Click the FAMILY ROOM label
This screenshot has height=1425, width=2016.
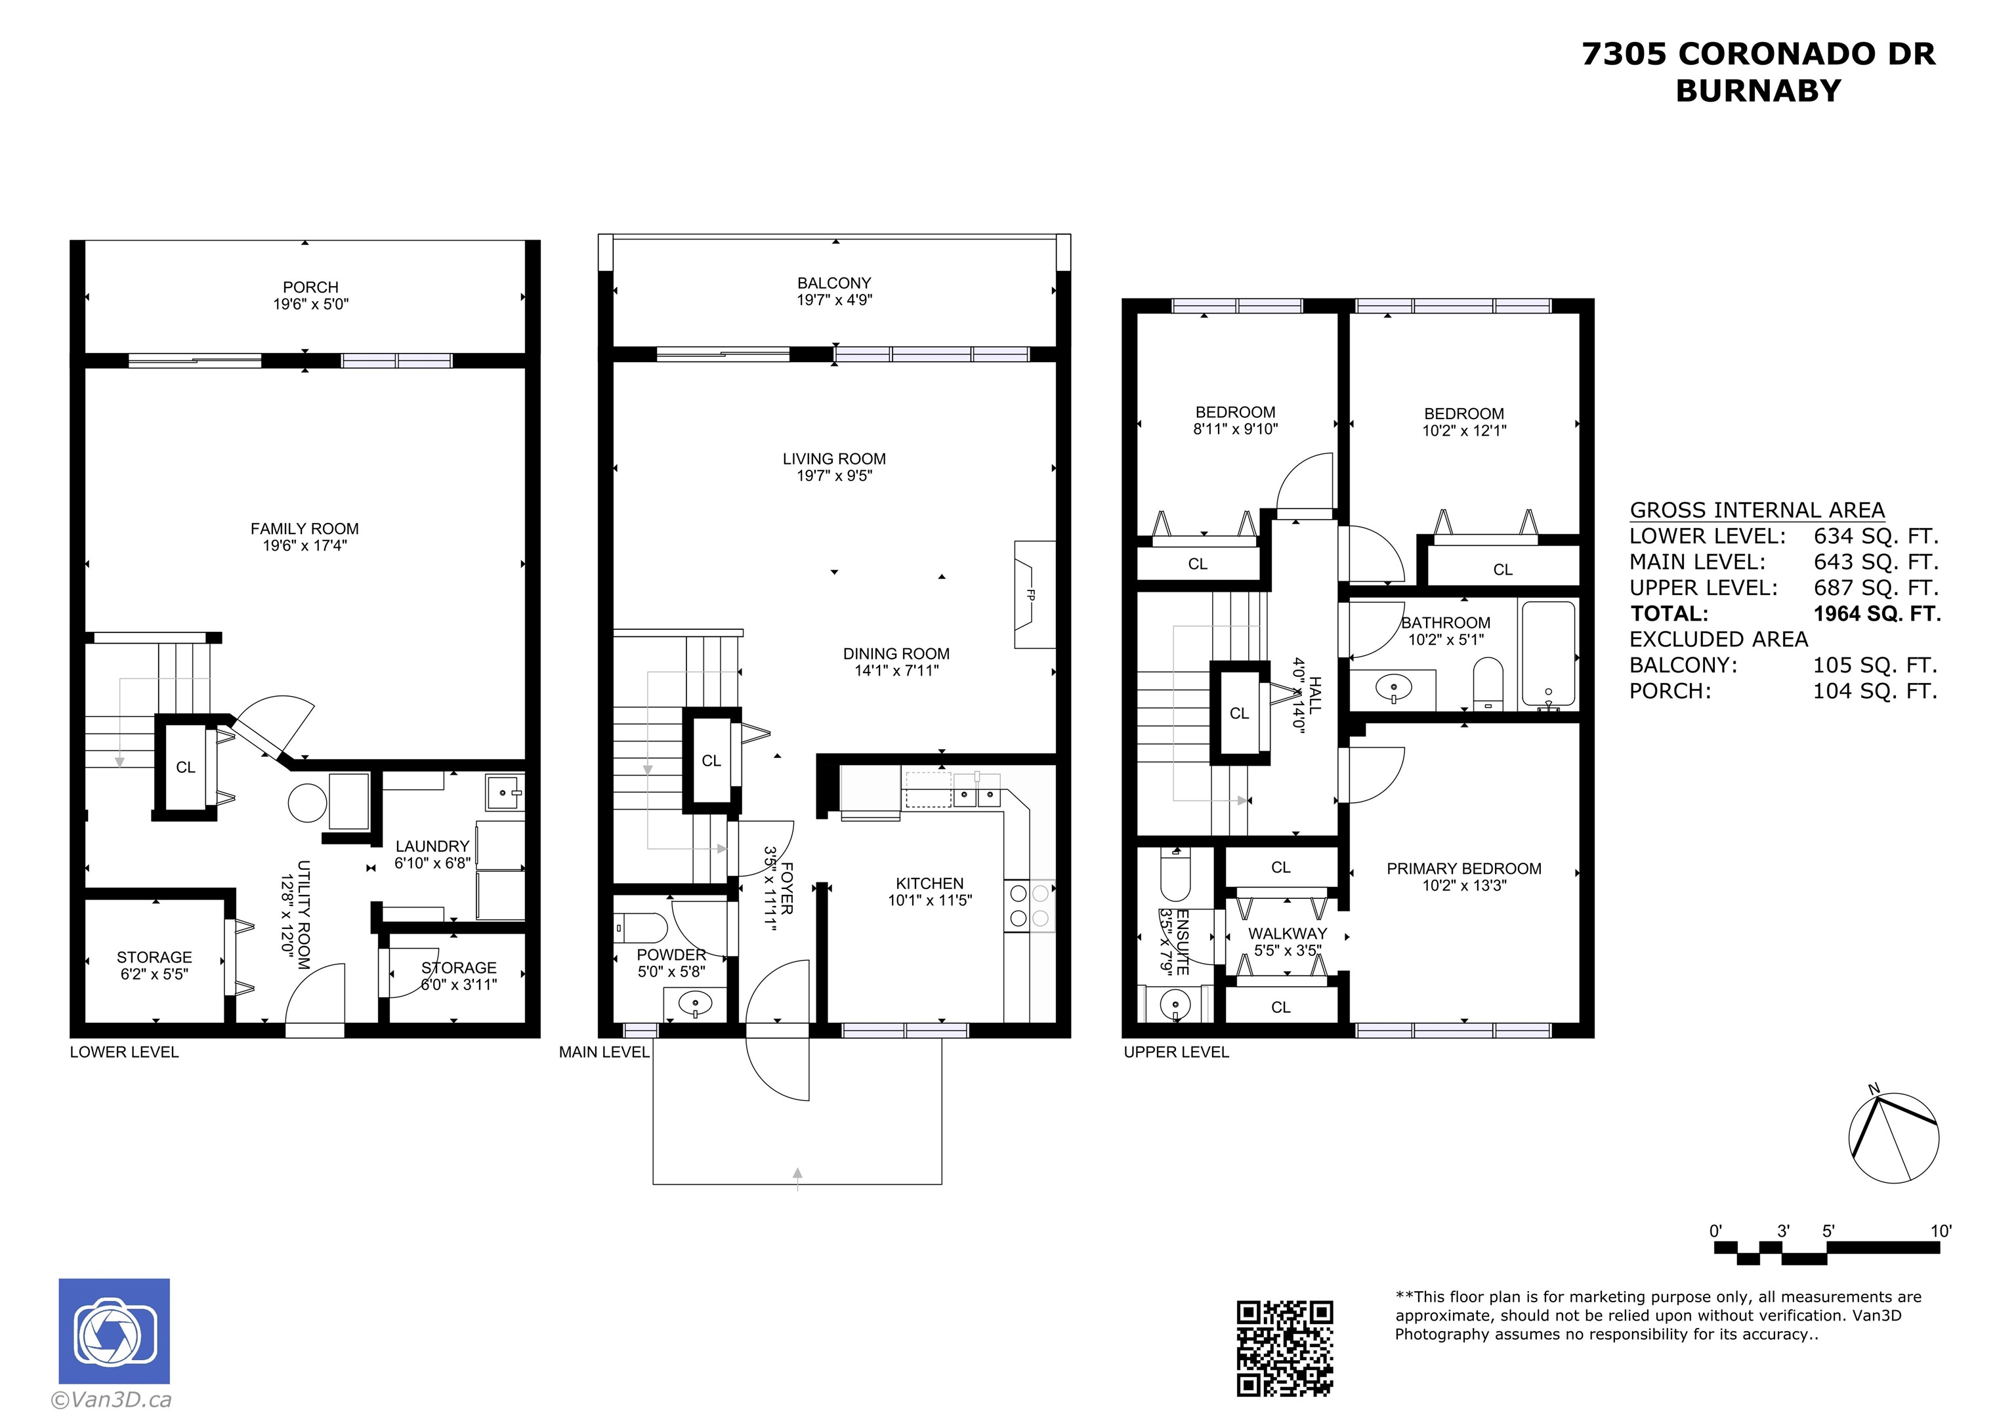304,529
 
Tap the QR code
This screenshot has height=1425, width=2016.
1284,1348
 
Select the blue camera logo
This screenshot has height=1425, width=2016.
114,1331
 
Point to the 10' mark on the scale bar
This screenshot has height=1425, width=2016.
1941,1231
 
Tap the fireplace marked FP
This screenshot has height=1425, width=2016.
1034,594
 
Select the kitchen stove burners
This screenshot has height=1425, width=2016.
1029,906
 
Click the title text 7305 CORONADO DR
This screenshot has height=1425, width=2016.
1758,54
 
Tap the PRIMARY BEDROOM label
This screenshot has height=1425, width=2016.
1463,869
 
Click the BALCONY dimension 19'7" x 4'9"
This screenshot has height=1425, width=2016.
834,300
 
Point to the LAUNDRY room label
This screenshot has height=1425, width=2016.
432,846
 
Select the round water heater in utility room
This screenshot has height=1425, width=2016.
307,802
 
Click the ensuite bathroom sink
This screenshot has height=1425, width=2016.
1174,1004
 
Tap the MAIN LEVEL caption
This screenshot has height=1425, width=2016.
604,1052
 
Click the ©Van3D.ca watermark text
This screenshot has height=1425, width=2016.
112,1399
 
